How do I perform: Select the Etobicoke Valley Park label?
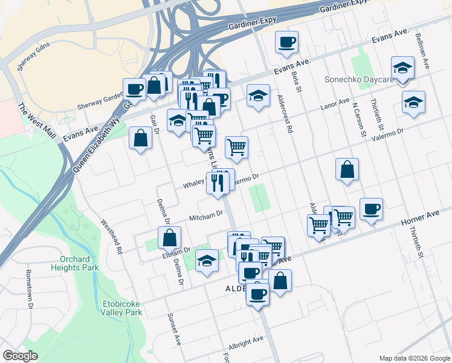coord(121,308)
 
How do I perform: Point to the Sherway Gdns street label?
coord(34,56)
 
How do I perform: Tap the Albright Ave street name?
coord(247,341)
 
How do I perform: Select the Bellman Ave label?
coord(421,49)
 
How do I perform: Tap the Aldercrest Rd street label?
coord(284,113)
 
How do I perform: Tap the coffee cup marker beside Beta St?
coord(286,42)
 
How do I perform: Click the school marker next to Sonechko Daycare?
coord(402,68)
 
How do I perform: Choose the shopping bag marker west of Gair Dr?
coord(140,138)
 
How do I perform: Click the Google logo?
coord(21,356)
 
